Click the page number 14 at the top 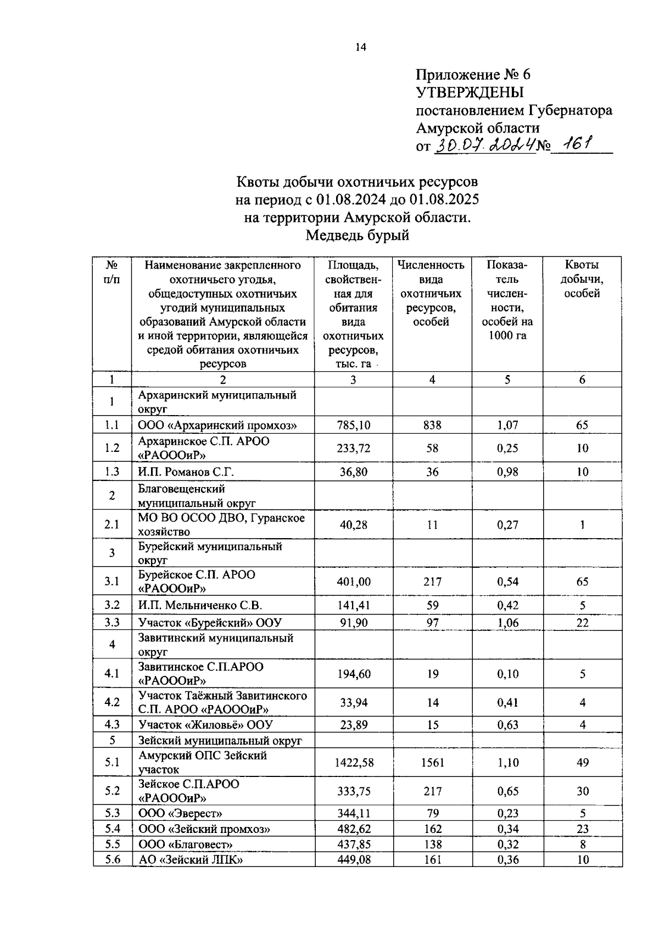(x=360, y=47)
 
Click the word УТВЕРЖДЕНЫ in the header (x=470, y=92)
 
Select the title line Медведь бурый (x=357, y=236)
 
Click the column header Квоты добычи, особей (x=582, y=279)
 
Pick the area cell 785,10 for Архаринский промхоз (x=353, y=425)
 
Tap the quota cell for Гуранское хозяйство (x=582, y=524)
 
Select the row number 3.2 (x=112, y=605)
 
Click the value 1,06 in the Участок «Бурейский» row (x=507, y=623)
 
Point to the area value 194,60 (x=353, y=674)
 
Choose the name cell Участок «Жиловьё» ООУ (x=205, y=725)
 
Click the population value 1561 (x=432, y=762)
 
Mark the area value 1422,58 (x=353, y=762)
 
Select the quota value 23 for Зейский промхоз (x=582, y=829)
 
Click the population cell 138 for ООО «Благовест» (x=432, y=844)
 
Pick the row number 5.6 (x=112, y=859)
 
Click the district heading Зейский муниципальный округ (x=220, y=740)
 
